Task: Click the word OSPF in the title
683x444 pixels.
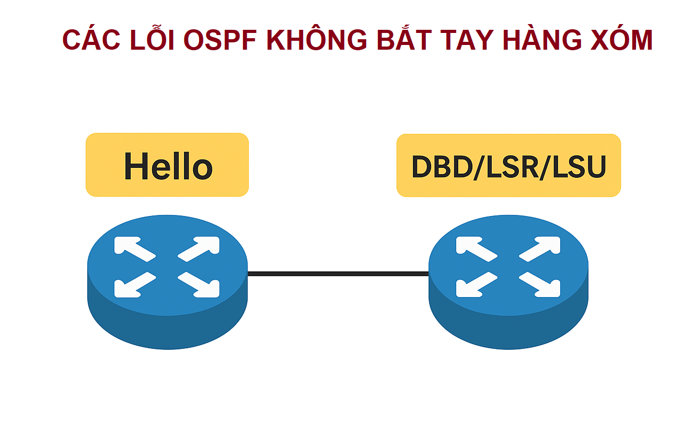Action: coord(220,40)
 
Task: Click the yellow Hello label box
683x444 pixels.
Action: coord(167,165)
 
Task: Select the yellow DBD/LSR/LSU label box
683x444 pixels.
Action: coord(508,165)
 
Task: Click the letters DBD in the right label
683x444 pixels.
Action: coord(442,167)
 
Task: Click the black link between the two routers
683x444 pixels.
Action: coord(338,274)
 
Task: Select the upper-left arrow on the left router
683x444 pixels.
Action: coord(135,249)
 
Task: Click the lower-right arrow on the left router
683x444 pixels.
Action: coord(199,284)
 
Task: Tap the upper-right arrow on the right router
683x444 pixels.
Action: coord(540,249)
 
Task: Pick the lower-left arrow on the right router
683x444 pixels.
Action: coord(477,284)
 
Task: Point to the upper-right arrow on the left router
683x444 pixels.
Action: coord(199,249)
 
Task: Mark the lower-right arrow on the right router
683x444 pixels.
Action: coord(540,284)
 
